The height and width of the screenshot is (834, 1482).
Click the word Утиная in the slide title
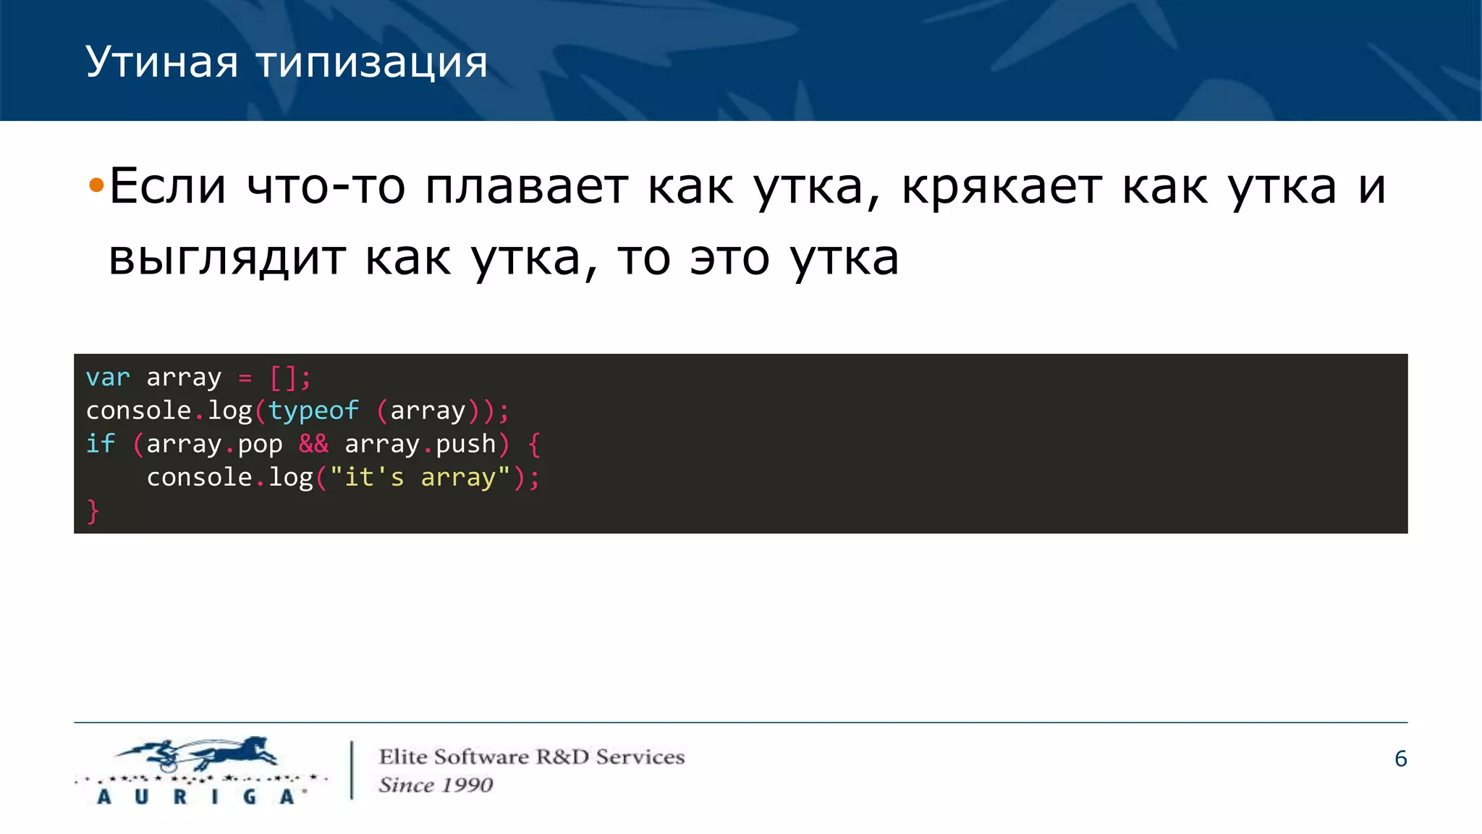click(x=161, y=63)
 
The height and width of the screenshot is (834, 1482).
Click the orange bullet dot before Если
click(x=96, y=187)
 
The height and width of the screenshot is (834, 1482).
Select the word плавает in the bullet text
click(x=526, y=187)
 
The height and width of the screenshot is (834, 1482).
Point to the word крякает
click(x=1002, y=187)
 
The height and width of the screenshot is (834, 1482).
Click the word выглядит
click(x=226, y=258)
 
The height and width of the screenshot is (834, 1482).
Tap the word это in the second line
click(x=729, y=258)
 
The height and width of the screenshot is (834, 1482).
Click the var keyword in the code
click(x=108, y=377)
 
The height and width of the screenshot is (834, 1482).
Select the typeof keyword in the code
click(x=313, y=410)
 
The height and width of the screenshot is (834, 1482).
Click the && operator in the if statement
click(x=313, y=444)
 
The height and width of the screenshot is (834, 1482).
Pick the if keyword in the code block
click(x=100, y=444)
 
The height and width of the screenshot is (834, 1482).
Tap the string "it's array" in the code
click(x=420, y=477)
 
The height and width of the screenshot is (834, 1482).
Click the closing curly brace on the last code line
click(x=93, y=511)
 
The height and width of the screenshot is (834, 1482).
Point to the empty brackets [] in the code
click(x=283, y=377)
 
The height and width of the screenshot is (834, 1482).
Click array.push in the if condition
click(x=420, y=444)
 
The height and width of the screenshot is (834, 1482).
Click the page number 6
click(x=1400, y=759)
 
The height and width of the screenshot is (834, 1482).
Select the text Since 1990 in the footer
click(x=436, y=785)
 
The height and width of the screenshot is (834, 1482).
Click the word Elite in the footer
click(x=403, y=757)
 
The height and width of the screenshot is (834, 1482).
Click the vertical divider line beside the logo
click(x=352, y=770)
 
